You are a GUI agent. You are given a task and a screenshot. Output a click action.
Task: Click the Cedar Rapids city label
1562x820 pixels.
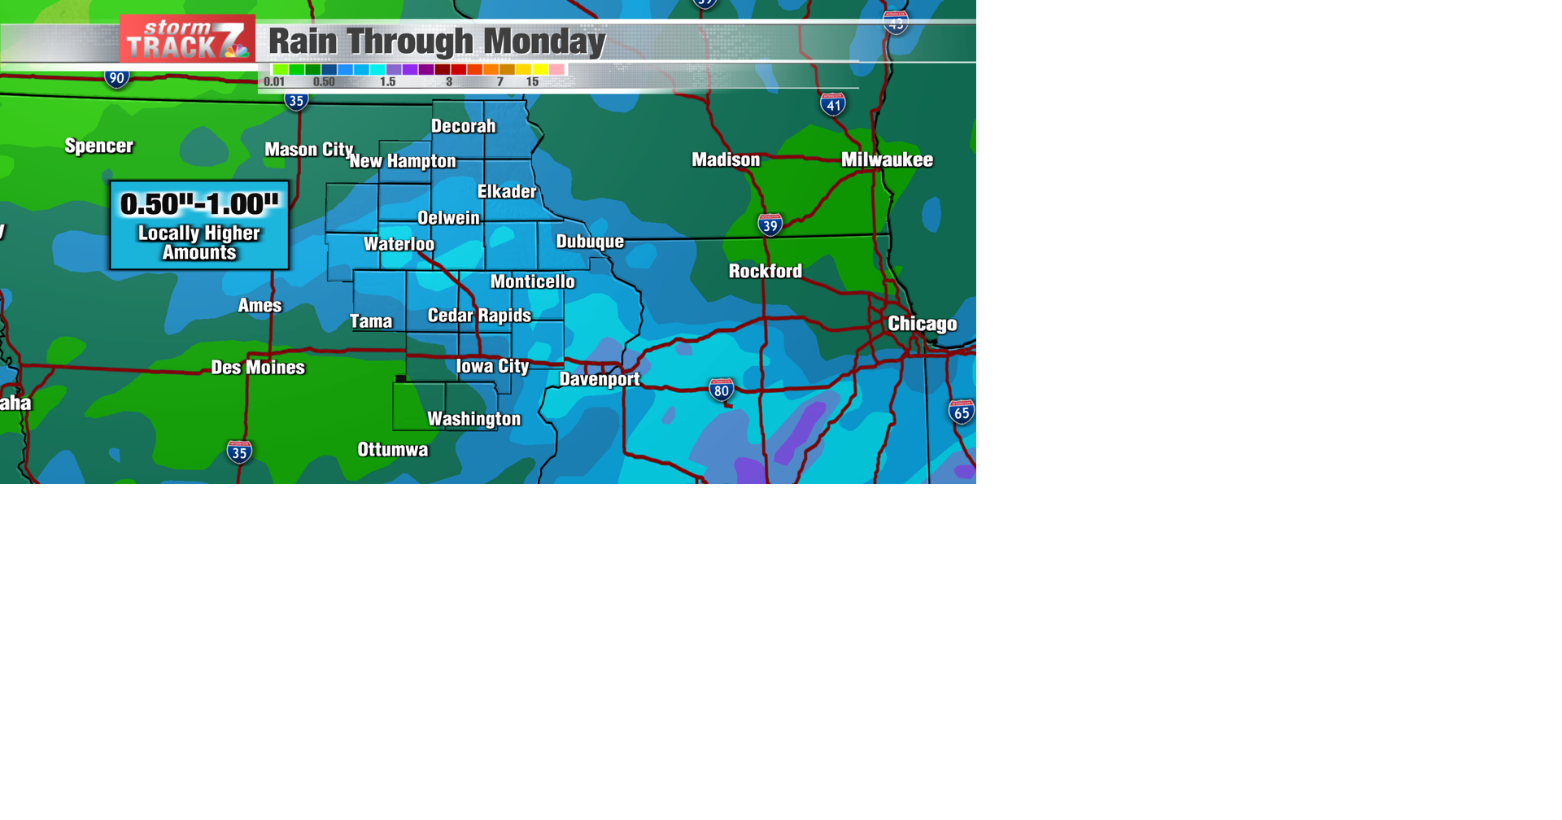479,316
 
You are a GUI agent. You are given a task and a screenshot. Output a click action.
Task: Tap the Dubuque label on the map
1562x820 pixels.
590,242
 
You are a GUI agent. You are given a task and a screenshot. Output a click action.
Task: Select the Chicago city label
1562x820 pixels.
922,324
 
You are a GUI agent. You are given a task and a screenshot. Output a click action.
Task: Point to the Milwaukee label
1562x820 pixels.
887,159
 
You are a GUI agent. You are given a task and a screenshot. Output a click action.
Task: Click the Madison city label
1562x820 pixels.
726,159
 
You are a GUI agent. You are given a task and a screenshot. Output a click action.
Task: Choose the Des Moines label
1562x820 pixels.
258,368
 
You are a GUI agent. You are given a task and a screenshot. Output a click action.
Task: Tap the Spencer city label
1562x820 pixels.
98,146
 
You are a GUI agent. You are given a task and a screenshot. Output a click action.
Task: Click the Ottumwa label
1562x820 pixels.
392,450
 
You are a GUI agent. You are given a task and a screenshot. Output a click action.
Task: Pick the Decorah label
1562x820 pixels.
463,126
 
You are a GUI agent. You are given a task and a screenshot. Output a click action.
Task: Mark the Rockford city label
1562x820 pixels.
765,271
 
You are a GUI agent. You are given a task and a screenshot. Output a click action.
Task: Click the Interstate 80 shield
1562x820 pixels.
721,390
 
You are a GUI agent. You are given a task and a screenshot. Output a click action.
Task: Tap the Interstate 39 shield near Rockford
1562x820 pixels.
770,225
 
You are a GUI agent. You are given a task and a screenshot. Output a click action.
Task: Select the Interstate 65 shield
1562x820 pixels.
961,412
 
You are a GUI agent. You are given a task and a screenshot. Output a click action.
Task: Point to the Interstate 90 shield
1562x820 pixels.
116,78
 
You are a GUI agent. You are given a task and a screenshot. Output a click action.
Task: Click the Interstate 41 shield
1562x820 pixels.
832,104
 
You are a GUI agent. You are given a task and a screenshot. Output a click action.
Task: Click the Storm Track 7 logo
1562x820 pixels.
187,39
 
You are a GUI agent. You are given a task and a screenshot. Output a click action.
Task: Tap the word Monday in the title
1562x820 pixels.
544,41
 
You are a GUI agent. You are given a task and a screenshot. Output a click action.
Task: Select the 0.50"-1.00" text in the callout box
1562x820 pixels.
199,204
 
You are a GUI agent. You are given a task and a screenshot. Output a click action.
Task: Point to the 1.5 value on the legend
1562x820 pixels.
387,82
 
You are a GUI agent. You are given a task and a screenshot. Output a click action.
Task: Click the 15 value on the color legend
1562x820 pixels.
532,82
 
